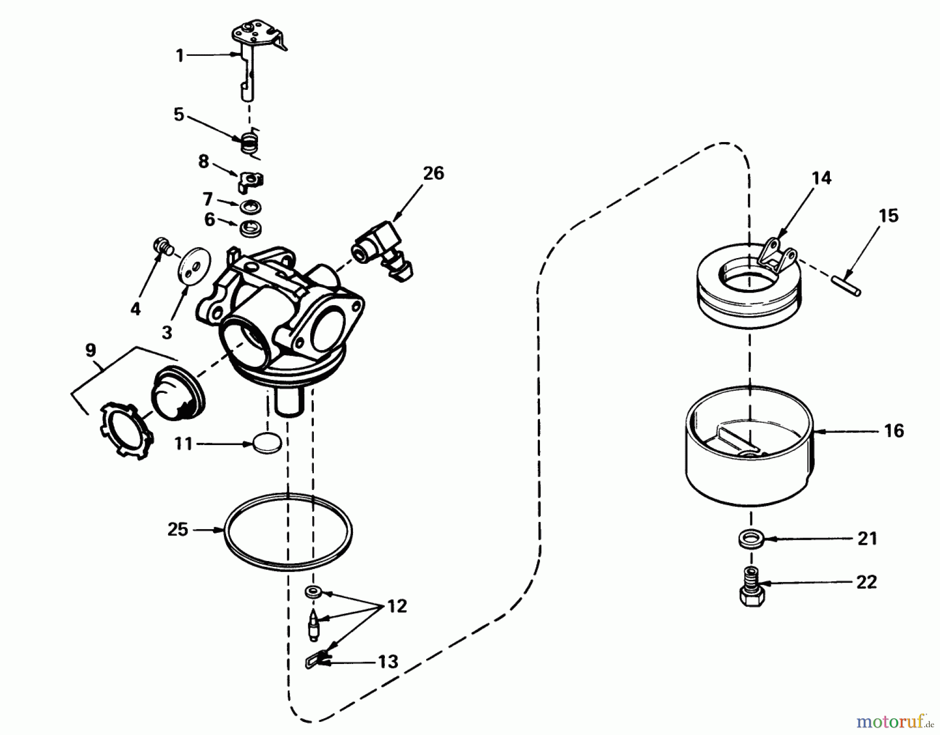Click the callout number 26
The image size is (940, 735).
pos(433,173)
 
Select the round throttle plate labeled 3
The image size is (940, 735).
pos(194,267)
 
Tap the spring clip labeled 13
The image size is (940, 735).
pos(316,661)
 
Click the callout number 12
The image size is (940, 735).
pos(397,606)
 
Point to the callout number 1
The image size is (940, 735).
pos(180,55)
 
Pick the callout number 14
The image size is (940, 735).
pos(821,178)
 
